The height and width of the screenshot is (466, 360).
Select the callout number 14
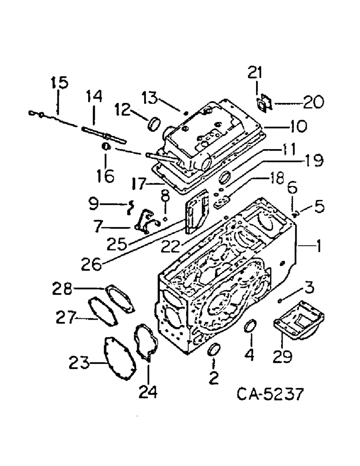(x=93, y=97)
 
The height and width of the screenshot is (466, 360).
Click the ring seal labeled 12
(x=154, y=124)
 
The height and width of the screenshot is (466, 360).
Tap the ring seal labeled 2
(x=214, y=350)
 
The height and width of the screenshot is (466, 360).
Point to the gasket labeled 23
(x=118, y=358)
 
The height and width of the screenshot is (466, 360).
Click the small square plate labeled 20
(x=263, y=103)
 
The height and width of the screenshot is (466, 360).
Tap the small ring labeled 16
(x=106, y=147)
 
